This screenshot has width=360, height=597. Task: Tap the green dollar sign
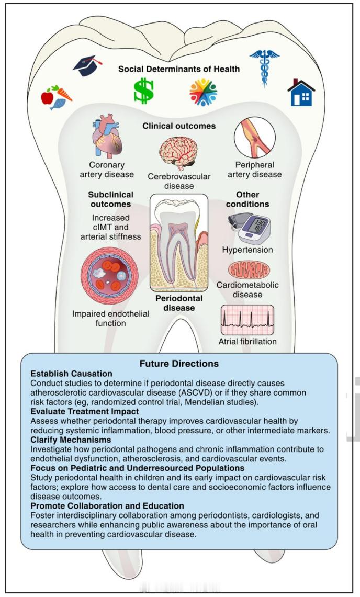143,91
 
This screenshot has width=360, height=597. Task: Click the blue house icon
301,93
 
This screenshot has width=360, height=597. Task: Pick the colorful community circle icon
203,92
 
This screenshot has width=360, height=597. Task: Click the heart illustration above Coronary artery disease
107,137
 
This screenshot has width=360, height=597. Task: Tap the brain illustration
178,153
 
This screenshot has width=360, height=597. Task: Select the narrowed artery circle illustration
254,138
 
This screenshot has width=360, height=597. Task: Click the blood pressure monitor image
249,229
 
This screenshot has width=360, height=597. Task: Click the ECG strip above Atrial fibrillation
247,320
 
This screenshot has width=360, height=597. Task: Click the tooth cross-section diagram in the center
179,243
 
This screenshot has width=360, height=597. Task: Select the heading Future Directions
179,364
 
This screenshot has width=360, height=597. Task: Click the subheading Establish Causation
71,374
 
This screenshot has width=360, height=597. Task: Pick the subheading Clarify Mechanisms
71,440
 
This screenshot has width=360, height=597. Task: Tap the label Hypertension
248,250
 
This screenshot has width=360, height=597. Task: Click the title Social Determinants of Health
179,69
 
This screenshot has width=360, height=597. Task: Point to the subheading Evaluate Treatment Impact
85,412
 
